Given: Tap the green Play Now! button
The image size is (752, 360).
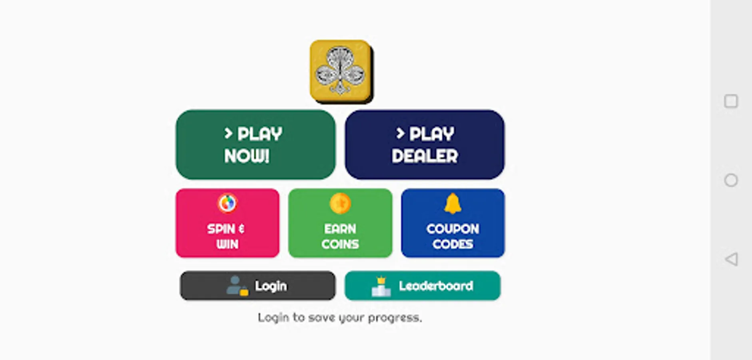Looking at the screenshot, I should [x=255, y=144].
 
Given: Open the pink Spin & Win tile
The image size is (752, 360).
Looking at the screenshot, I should [x=227, y=223].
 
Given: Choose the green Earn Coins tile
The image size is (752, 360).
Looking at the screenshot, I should [x=340, y=223].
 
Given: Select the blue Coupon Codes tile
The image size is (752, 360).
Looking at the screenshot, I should [x=453, y=223].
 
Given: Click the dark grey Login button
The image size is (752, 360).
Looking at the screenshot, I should [x=257, y=286].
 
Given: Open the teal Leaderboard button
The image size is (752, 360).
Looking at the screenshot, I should [x=422, y=286].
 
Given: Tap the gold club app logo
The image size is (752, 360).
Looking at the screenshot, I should [x=340, y=71].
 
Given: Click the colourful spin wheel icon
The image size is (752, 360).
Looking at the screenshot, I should [x=227, y=203].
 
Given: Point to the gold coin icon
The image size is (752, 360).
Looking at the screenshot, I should [x=340, y=203].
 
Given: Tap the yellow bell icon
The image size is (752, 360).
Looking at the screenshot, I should [x=453, y=203].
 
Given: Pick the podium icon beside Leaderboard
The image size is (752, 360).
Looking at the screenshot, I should [x=381, y=286].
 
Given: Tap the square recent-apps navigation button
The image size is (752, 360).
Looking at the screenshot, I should [x=731, y=101].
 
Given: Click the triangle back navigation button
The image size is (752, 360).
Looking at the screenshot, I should [x=731, y=259].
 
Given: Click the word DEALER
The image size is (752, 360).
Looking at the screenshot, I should [x=425, y=156].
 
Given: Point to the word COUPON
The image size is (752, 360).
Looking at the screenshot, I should [x=453, y=229].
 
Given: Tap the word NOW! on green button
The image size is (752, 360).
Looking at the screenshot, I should [x=247, y=156].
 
